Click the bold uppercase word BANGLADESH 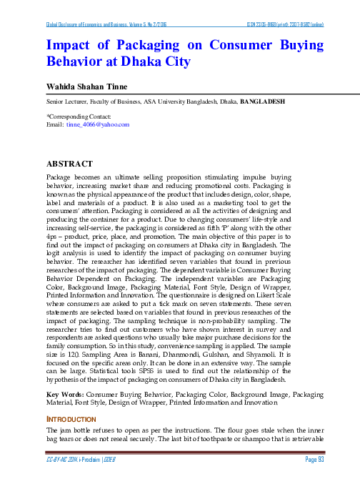tap(264, 102)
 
